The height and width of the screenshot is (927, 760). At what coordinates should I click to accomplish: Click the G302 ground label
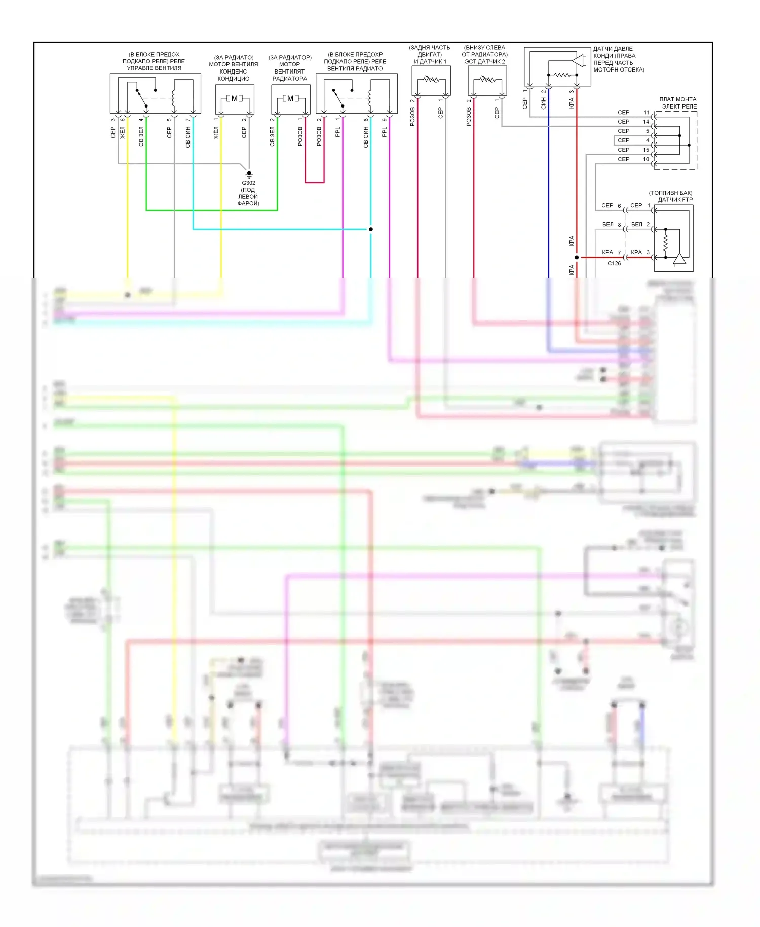[x=248, y=183]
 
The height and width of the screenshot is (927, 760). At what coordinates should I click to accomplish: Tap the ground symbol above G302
[x=249, y=174]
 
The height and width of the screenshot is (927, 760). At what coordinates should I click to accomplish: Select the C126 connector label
[x=614, y=263]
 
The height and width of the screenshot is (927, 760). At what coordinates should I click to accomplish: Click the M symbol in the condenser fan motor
[x=234, y=98]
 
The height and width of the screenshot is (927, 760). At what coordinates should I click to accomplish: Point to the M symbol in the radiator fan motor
[x=290, y=98]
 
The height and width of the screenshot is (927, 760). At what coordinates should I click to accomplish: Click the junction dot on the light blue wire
[x=371, y=229]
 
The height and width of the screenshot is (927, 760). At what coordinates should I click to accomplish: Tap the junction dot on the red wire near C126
[x=577, y=258]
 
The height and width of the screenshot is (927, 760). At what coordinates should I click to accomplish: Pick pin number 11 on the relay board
[x=647, y=113]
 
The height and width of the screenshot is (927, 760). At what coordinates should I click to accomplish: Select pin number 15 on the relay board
[x=646, y=150]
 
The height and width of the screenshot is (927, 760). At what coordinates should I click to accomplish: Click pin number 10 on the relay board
[x=646, y=159]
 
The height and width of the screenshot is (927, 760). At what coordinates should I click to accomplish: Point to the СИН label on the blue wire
[x=544, y=103]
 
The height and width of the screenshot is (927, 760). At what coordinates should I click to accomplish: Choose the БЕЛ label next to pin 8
[x=607, y=224]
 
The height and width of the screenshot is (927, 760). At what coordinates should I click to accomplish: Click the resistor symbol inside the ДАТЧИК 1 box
[x=431, y=79]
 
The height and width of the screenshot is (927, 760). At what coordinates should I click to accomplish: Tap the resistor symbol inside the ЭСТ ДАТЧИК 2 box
[x=487, y=79]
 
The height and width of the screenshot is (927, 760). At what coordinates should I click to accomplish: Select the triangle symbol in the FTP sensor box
[x=679, y=259]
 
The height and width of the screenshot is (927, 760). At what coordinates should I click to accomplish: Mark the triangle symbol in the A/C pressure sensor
[x=578, y=61]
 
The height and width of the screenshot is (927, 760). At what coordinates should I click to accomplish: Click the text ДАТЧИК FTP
[x=675, y=200]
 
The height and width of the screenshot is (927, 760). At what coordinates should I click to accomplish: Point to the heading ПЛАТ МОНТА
[x=677, y=99]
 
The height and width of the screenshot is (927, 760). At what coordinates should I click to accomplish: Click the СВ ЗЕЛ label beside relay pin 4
[x=141, y=136]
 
